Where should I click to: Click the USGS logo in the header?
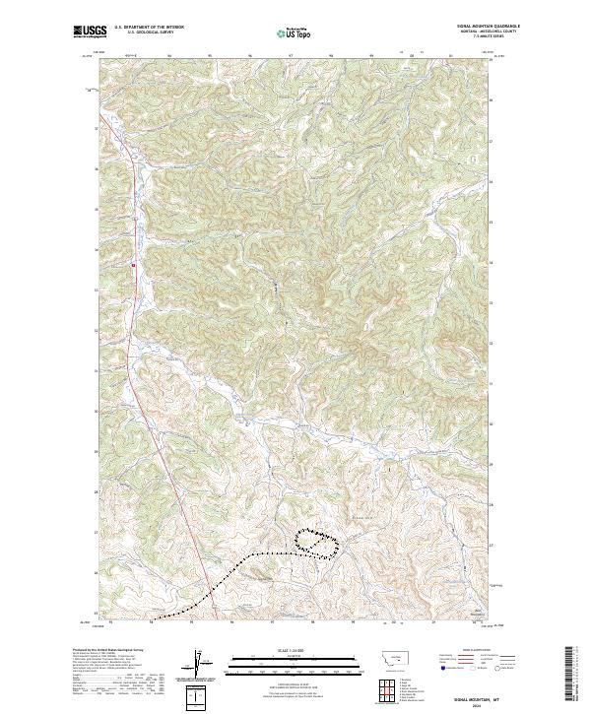tap(88, 32)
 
